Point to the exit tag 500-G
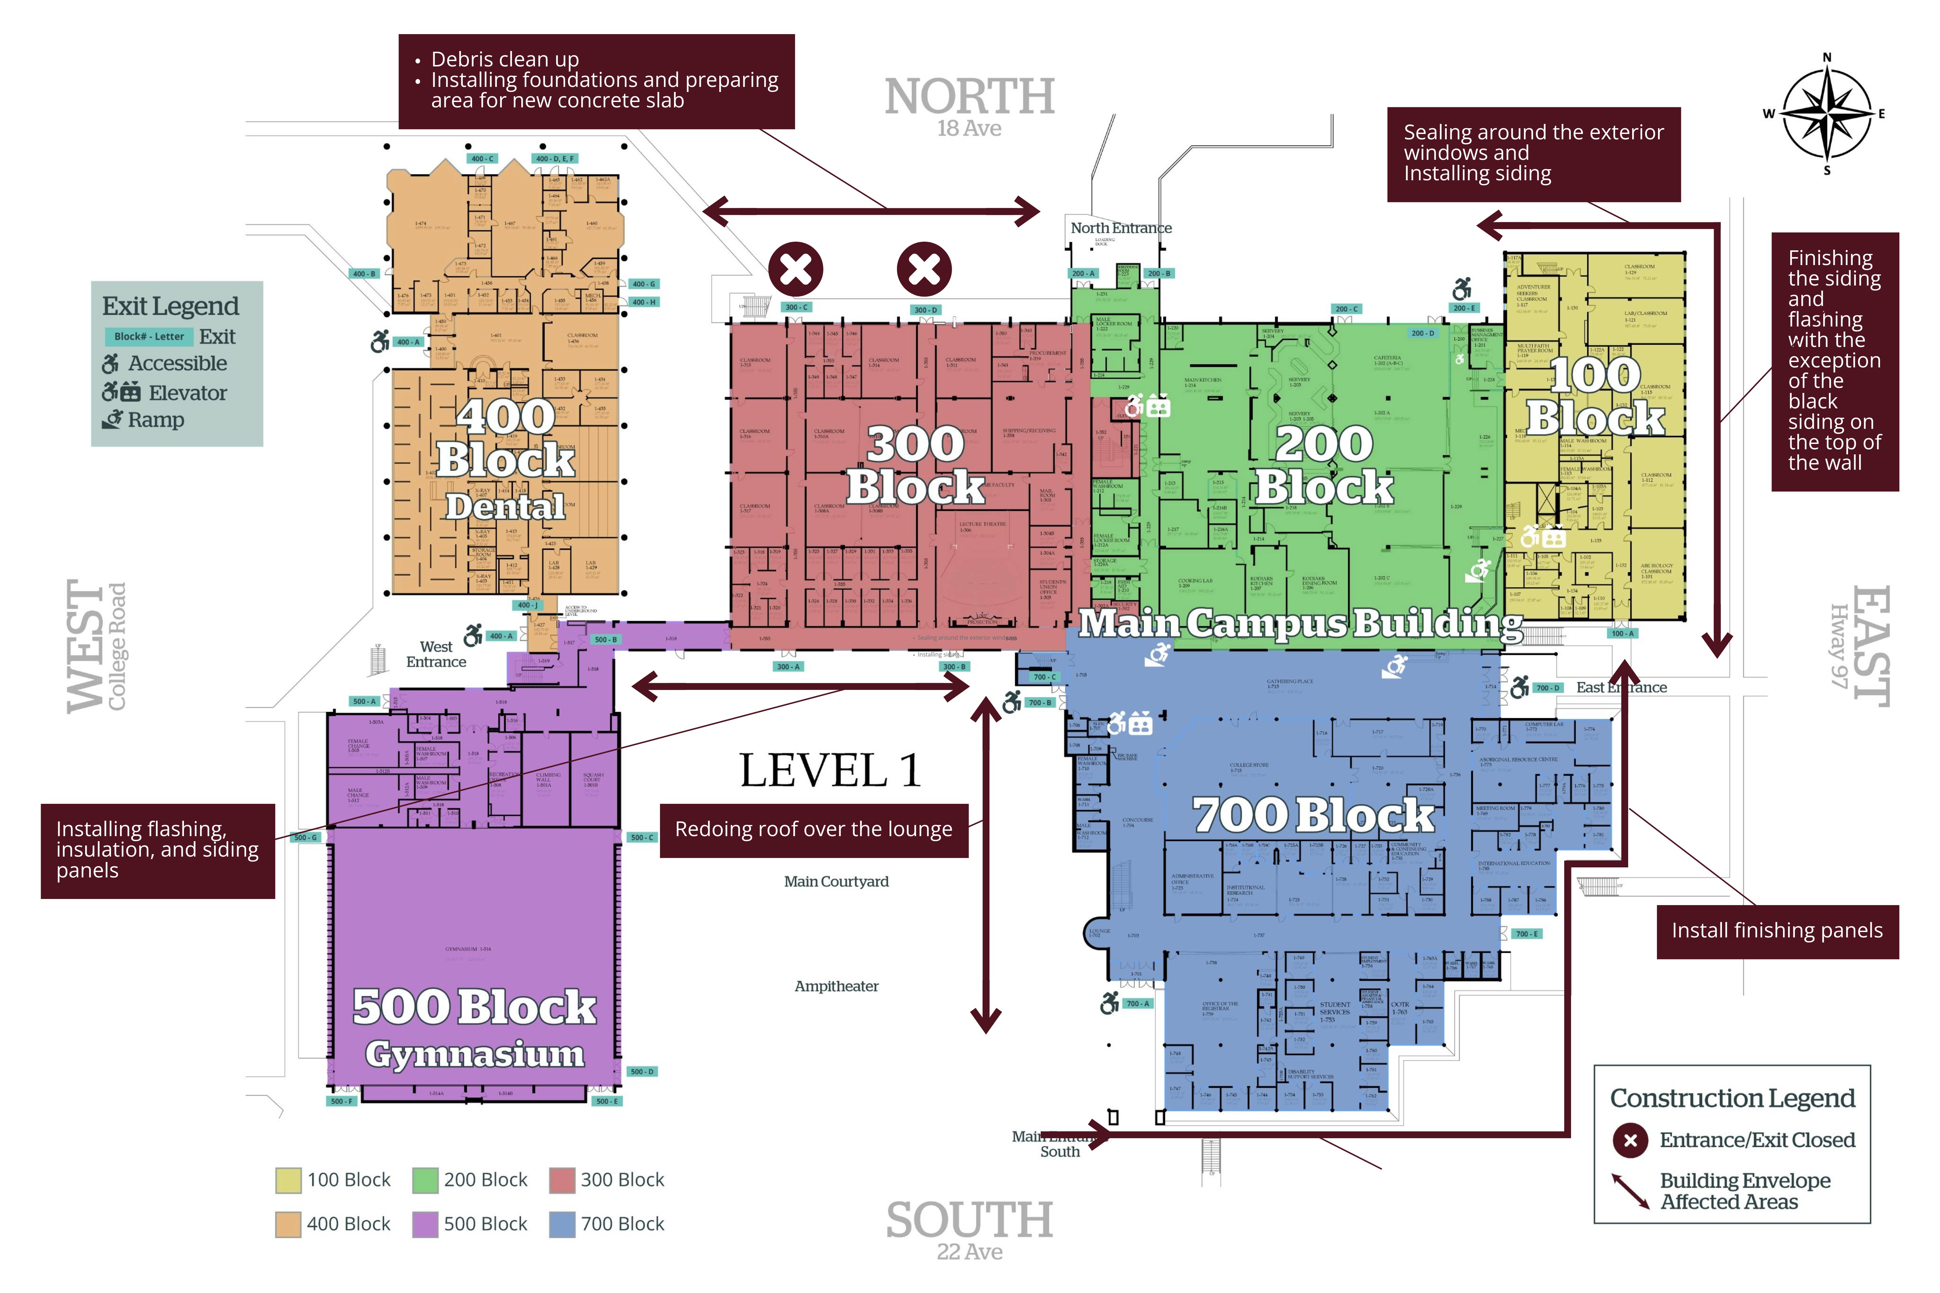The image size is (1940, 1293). [305, 837]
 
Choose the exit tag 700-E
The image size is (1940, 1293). [1527, 933]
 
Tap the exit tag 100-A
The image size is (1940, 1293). [1622, 633]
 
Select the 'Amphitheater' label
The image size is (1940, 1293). [836, 986]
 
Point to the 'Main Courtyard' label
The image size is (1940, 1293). [836, 881]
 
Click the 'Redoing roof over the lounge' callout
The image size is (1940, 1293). [813, 830]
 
